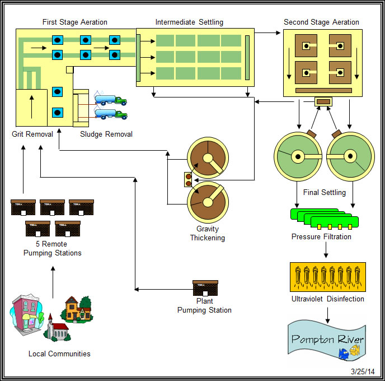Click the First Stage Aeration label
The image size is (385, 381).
pyautogui.click(x=75, y=22)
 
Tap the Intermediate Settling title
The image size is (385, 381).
pyautogui.click(x=189, y=22)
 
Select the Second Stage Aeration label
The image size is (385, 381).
pyautogui.click(x=321, y=22)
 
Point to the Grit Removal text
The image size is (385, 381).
pyautogui.click(x=32, y=134)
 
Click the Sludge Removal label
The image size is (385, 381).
pyautogui.click(x=106, y=134)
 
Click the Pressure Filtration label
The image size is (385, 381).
pyautogui.click(x=321, y=237)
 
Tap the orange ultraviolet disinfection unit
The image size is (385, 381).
pyautogui.click(x=327, y=276)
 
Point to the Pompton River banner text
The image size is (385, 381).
pyautogui.click(x=327, y=340)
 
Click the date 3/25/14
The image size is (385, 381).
pyautogui.click(x=364, y=371)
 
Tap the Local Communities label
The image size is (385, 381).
pyautogui.click(x=59, y=354)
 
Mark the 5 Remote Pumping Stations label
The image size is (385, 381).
pyautogui.click(x=53, y=249)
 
